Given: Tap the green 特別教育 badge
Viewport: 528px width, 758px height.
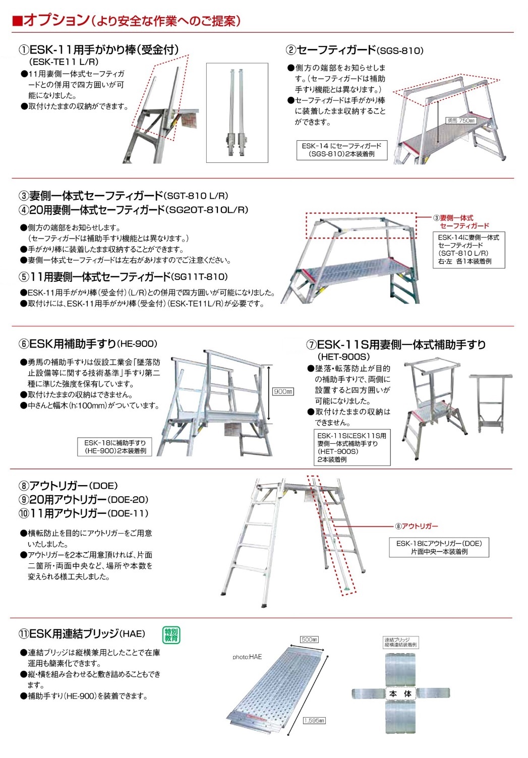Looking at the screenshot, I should click(171, 634).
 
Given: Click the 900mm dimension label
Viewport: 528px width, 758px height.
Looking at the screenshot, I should click(282, 392).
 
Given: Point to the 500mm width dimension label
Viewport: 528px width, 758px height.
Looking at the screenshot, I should click(309, 639).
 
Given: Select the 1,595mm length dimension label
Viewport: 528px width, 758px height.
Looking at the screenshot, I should click(314, 721).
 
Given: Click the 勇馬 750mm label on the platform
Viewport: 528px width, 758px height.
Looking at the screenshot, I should click(461, 121).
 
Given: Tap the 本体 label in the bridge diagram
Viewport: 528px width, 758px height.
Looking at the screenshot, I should click(400, 694).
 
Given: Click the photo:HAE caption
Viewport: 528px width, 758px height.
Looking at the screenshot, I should click(247, 657).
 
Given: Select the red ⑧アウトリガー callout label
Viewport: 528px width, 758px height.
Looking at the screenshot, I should click(417, 526).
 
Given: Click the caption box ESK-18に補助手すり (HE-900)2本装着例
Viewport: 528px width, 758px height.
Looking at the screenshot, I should click(115, 447).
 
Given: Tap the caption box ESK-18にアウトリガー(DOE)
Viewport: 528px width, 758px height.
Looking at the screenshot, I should click(439, 547).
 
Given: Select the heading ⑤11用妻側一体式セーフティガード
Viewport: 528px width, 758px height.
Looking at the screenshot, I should click(101, 277).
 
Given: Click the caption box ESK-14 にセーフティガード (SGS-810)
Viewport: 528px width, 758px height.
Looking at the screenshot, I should click(341, 150).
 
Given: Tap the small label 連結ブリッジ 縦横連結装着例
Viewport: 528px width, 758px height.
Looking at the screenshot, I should click(400, 642).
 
